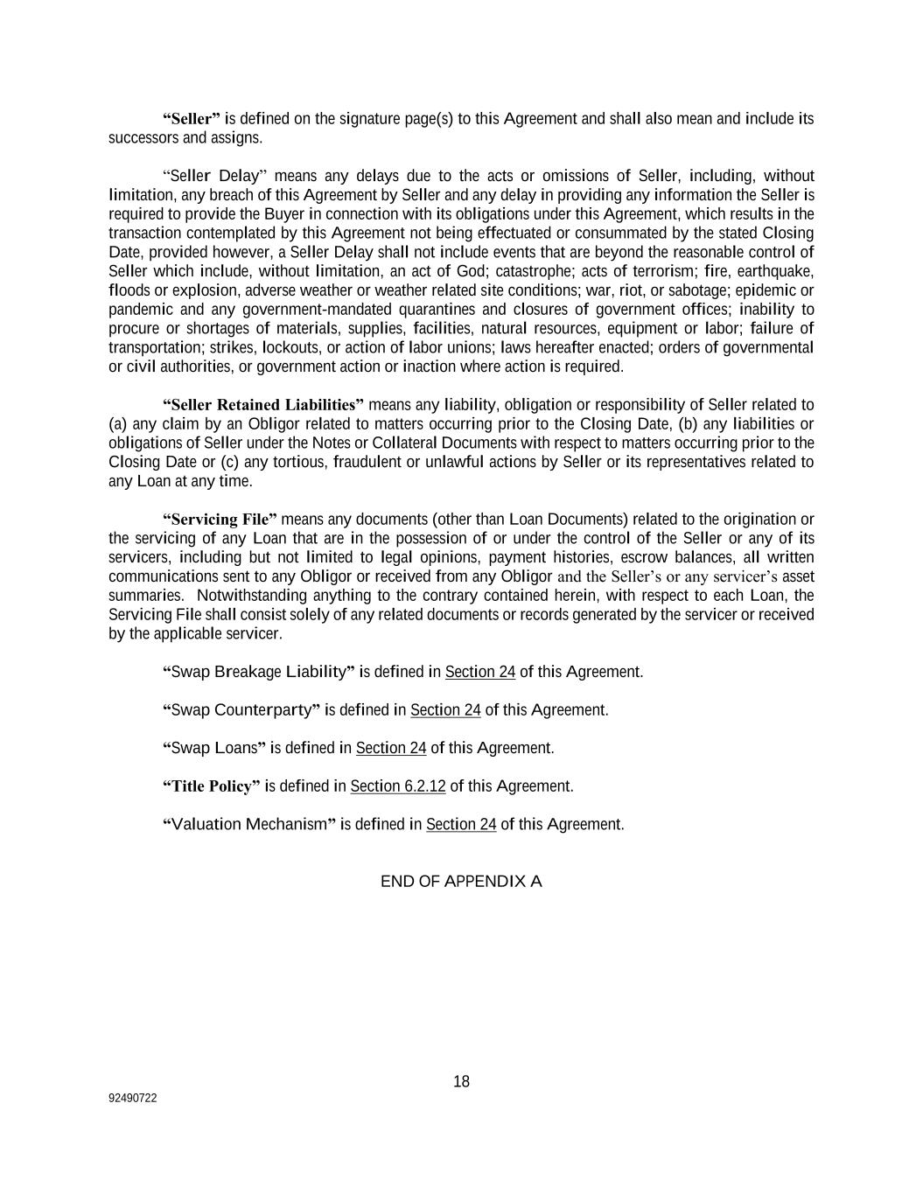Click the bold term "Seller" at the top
(192, 119)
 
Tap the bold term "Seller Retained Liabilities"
(263, 405)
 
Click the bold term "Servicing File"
(220, 520)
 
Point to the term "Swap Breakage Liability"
(259, 672)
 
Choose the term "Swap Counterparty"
(241, 710)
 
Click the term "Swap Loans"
(214, 748)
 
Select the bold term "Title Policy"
(212, 786)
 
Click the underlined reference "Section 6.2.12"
(398, 786)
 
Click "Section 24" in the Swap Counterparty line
(445, 710)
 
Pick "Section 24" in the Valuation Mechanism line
(461, 825)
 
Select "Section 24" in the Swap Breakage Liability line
(480, 672)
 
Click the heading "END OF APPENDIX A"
(461, 881)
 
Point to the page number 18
(461, 1082)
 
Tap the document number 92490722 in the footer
(133, 1099)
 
